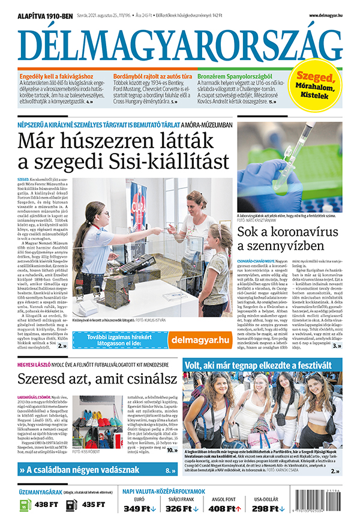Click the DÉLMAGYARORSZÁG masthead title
(180, 43)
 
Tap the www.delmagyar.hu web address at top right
(326, 16)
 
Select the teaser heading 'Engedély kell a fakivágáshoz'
(56, 77)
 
